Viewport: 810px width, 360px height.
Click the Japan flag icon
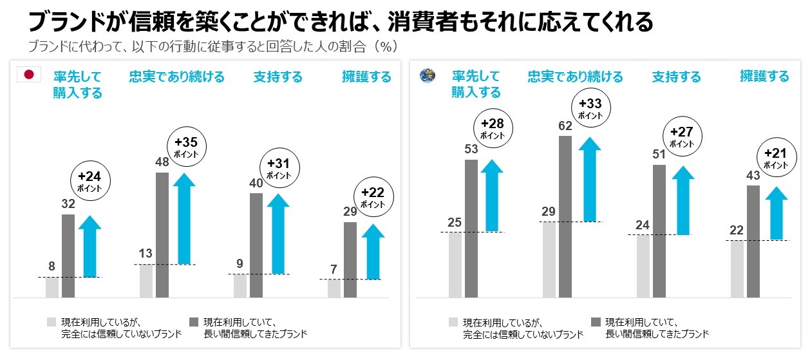pos(28,75)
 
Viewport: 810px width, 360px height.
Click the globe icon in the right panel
pos(426,75)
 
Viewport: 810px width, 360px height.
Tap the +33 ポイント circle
pos(590,109)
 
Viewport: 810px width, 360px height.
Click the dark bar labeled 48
pos(162,235)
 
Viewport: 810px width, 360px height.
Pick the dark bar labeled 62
pos(565,217)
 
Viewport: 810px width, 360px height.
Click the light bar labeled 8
pos(52,287)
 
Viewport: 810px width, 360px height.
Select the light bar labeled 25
pos(455,265)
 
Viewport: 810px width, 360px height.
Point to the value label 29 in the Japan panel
pos(350,211)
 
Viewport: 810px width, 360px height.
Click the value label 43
pos(753,175)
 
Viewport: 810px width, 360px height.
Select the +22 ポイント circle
pos(372,197)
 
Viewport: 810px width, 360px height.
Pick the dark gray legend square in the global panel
pos(596,321)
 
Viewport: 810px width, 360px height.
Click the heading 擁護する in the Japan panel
pos(366,77)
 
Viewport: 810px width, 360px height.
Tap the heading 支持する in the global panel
pos(676,77)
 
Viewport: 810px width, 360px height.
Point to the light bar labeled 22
pos(737,269)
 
